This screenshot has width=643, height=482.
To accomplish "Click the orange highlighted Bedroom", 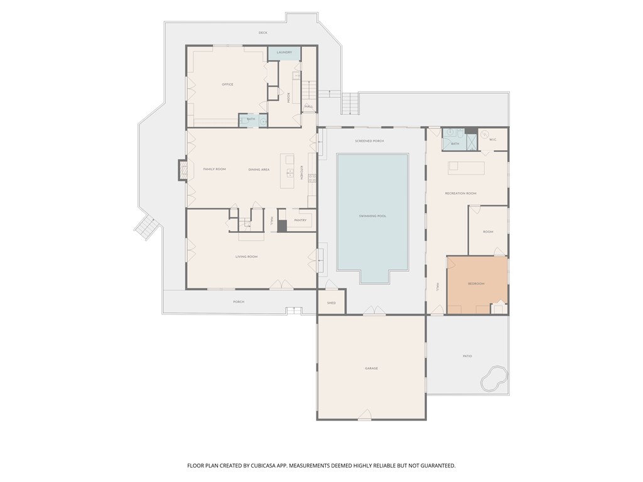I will click(477, 284).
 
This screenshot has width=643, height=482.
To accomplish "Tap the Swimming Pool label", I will click(372, 216).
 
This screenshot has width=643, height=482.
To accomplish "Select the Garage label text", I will click(371, 368).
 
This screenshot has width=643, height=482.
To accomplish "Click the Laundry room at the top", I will click(284, 53).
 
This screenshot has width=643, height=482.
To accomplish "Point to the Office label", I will click(227, 84).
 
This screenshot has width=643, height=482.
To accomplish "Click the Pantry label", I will click(300, 220).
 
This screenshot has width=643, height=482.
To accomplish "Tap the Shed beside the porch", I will click(332, 303).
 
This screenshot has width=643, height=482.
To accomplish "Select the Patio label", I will click(467, 356).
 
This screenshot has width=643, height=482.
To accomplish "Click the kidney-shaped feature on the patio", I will click(494, 378).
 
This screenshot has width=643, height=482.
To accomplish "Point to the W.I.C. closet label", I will click(493, 139).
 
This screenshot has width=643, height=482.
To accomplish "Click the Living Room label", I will click(246, 257).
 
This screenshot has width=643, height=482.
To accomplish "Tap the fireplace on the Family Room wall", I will click(183, 169).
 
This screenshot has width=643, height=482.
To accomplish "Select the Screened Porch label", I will click(369, 141).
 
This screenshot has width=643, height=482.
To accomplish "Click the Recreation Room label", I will click(460, 193).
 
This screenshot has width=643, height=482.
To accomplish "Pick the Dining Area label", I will click(259, 169).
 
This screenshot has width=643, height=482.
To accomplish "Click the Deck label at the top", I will click(262, 33).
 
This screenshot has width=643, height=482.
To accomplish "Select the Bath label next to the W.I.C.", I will click(455, 144).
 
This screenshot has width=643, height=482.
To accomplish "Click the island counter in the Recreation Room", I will click(466, 168).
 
